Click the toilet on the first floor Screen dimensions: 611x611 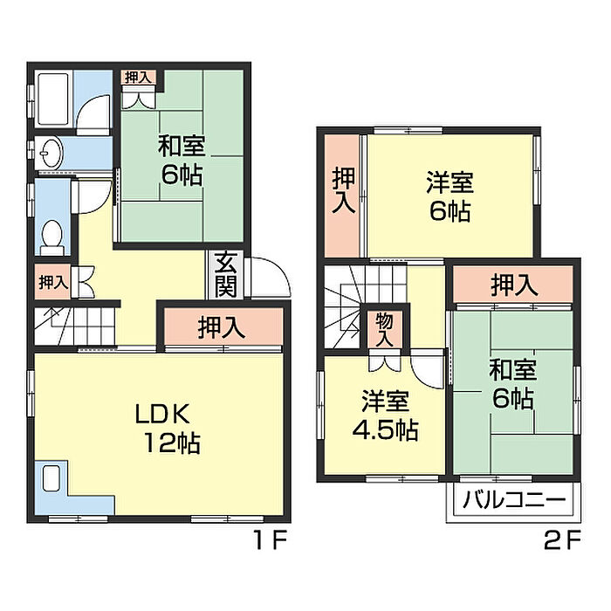point(52,234)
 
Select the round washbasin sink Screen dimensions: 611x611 point(51,152)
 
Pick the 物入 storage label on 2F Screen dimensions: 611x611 point(383,330)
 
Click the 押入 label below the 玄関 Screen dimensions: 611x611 point(220,328)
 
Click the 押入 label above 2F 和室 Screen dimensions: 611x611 point(513,284)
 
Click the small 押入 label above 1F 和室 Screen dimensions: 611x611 point(138,78)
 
